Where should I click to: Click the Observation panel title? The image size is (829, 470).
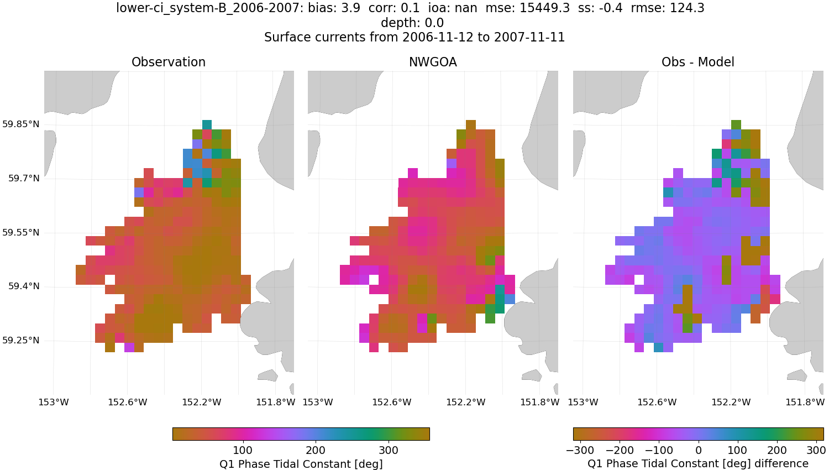[x=169, y=62]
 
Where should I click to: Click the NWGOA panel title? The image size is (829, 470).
[x=433, y=62]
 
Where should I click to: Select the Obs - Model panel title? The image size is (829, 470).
[x=697, y=62]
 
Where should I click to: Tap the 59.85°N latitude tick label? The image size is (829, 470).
[x=21, y=124]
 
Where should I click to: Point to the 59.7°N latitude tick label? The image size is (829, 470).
[x=23, y=178]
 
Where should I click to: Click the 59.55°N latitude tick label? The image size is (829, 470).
[x=21, y=232]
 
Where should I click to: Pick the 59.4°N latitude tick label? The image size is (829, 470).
[x=23, y=286]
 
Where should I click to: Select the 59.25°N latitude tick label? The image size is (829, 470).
[x=21, y=340]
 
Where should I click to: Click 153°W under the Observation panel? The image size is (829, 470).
[x=54, y=402]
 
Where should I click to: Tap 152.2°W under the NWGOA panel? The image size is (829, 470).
[x=465, y=402]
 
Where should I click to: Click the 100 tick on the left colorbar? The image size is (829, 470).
[x=243, y=450]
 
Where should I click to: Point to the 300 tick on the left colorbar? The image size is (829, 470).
[x=389, y=450]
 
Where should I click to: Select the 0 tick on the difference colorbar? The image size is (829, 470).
[x=699, y=450]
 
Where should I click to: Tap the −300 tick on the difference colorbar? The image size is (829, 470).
[x=580, y=450]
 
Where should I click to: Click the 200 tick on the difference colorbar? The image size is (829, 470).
[x=777, y=450]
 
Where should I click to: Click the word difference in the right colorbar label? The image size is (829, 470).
[x=780, y=463]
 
